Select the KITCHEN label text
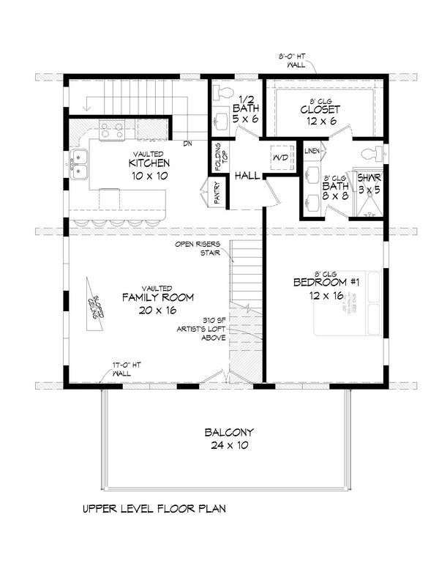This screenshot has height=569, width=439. click(149, 163)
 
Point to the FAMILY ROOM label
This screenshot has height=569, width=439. click(157, 297)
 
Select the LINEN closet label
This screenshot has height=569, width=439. click(311, 151)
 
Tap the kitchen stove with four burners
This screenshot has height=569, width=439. click(111, 130)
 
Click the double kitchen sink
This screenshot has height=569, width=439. click(79, 165)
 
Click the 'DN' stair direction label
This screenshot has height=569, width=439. click(187, 144)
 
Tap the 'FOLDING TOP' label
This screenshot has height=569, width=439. click(218, 155)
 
